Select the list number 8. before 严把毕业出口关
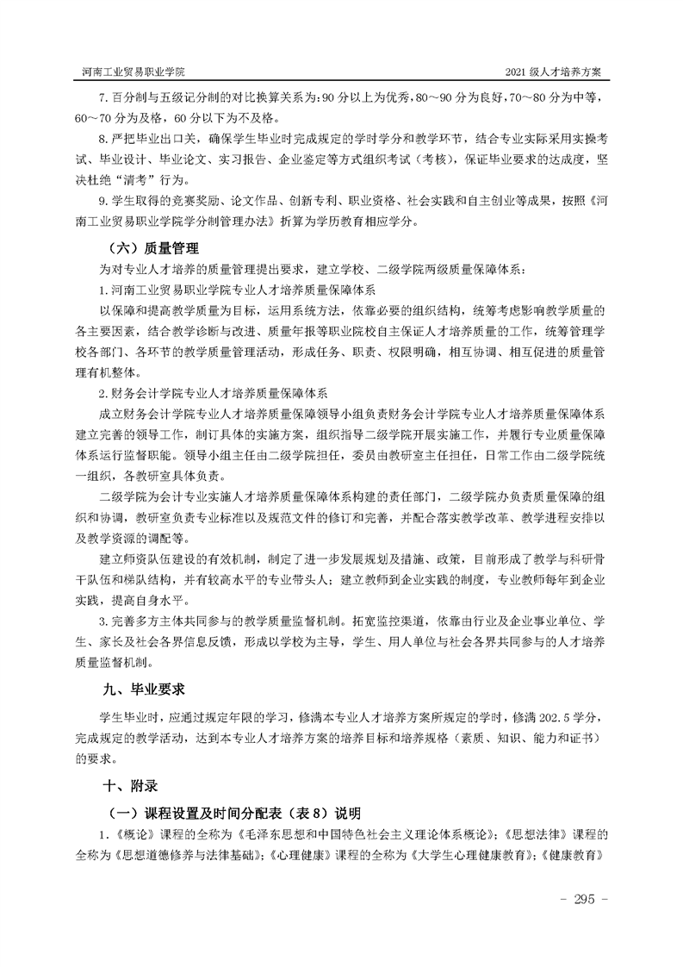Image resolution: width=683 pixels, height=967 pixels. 104,138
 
